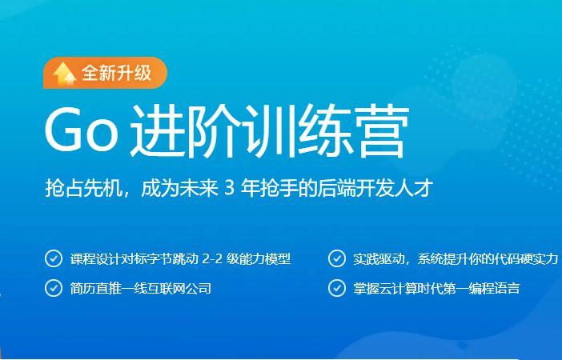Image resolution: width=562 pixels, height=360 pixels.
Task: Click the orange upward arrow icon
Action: tap(63, 73)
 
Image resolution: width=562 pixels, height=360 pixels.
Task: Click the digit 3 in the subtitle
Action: tap(228, 190)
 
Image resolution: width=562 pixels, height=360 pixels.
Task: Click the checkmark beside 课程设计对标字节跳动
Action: tap(54, 258)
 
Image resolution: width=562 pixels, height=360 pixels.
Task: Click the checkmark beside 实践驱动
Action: tap(336, 258)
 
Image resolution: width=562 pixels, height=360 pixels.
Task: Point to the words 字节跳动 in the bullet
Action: tap(174, 259)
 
